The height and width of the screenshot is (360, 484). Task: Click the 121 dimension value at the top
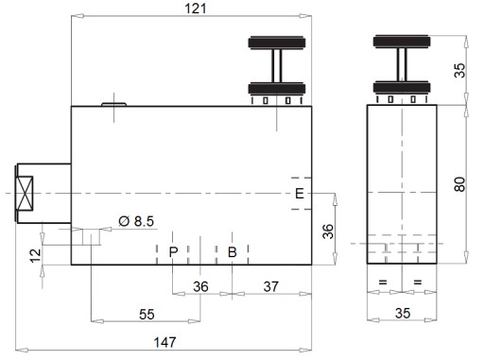click(x=196, y=9)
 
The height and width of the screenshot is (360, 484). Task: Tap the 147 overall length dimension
click(x=164, y=342)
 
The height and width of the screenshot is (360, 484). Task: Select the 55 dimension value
click(x=147, y=315)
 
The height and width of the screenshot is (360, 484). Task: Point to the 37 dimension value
click(x=271, y=286)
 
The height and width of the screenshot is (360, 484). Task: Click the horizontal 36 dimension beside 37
click(x=200, y=286)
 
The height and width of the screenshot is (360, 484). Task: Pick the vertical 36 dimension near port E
click(x=328, y=231)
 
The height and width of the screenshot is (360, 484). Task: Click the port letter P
click(x=173, y=252)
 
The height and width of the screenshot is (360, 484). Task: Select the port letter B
click(x=233, y=252)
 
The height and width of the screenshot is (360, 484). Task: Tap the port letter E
click(x=300, y=193)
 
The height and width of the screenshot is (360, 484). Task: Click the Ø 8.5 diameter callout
click(x=136, y=221)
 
